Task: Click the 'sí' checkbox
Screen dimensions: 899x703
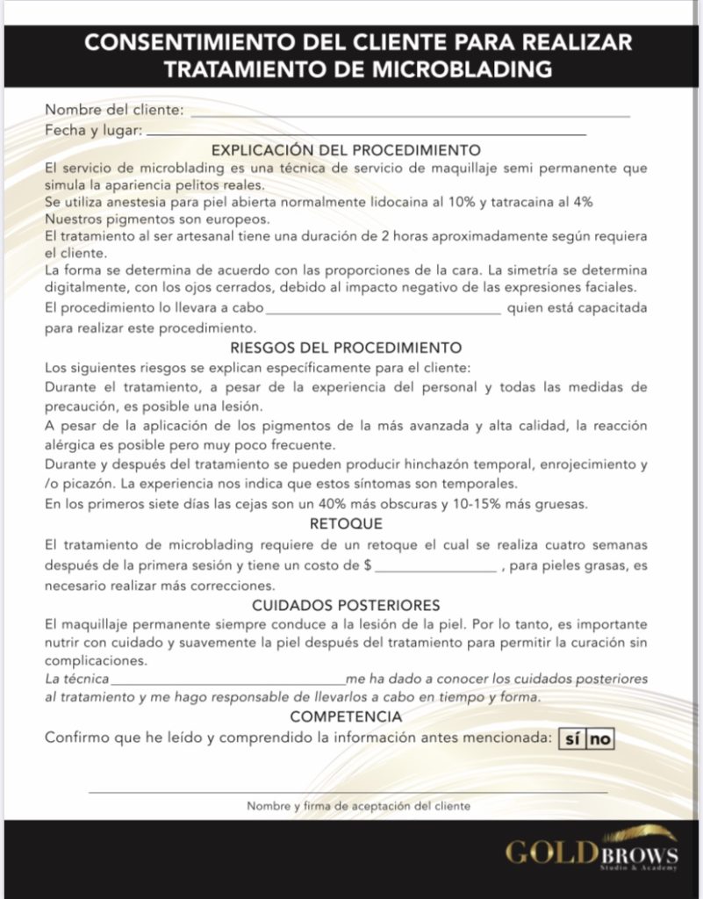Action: point(571,739)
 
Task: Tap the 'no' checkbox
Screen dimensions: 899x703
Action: point(600,739)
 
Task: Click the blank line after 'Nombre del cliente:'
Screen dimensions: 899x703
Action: point(409,114)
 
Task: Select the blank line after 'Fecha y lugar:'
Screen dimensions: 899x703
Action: point(366,133)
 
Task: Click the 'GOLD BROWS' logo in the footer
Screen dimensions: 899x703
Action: point(591,854)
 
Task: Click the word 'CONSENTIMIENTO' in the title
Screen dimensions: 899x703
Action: point(190,43)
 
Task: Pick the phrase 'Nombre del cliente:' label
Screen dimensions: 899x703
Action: point(114,111)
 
